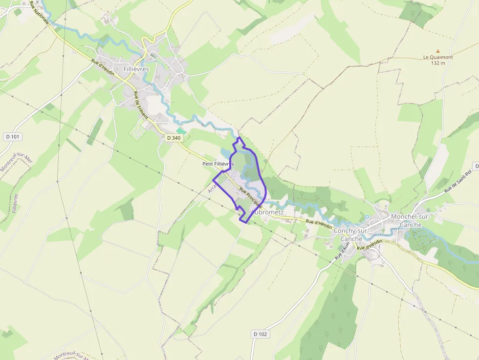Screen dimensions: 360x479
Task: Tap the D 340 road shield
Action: [174, 138]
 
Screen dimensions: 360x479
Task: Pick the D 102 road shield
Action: [261, 334]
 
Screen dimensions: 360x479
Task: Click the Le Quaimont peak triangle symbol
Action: [438, 51]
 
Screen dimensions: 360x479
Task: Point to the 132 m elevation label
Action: [438, 63]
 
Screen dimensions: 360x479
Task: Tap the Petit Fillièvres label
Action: [218, 164]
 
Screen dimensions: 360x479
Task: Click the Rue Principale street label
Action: [251, 198]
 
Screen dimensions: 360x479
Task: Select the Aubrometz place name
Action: [268, 212]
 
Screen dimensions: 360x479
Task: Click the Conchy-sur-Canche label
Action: [351, 235]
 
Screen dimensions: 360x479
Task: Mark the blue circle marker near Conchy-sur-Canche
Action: [367, 217]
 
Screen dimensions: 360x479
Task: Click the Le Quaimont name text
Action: [438, 57]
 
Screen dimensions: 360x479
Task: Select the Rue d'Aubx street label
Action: [340, 251]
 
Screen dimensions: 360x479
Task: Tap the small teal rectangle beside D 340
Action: [181, 130]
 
